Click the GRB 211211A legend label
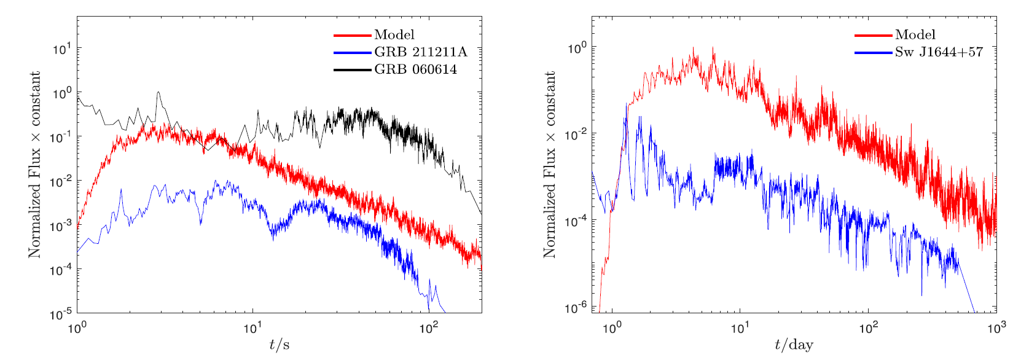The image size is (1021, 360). (420, 52)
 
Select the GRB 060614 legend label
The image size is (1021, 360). (415, 69)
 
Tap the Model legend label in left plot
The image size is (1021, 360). (394, 35)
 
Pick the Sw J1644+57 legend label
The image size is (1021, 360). (939, 52)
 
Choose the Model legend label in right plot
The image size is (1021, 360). (915, 35)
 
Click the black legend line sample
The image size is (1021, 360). (353, 69)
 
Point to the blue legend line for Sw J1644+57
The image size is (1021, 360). (873, 52)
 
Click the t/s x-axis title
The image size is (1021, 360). (280, 345)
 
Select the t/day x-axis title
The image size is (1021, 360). (794, 345)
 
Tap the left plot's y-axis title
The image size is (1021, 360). (34, 164)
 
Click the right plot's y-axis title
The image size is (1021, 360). (549, 164)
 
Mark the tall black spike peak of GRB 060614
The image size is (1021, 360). (158, 92)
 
